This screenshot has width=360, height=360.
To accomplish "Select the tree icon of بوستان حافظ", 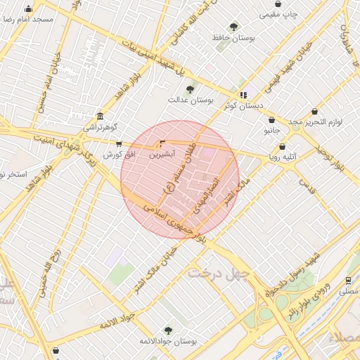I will tap(233, 26).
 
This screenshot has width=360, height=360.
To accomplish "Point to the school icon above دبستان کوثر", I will tap(243, 95).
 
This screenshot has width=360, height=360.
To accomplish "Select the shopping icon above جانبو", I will tap(271, 120).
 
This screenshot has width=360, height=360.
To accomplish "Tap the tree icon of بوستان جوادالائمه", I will tap(167, 330).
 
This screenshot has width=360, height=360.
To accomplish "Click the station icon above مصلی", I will tap(348, 280).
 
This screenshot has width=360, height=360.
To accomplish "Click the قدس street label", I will tap(304, 184).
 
